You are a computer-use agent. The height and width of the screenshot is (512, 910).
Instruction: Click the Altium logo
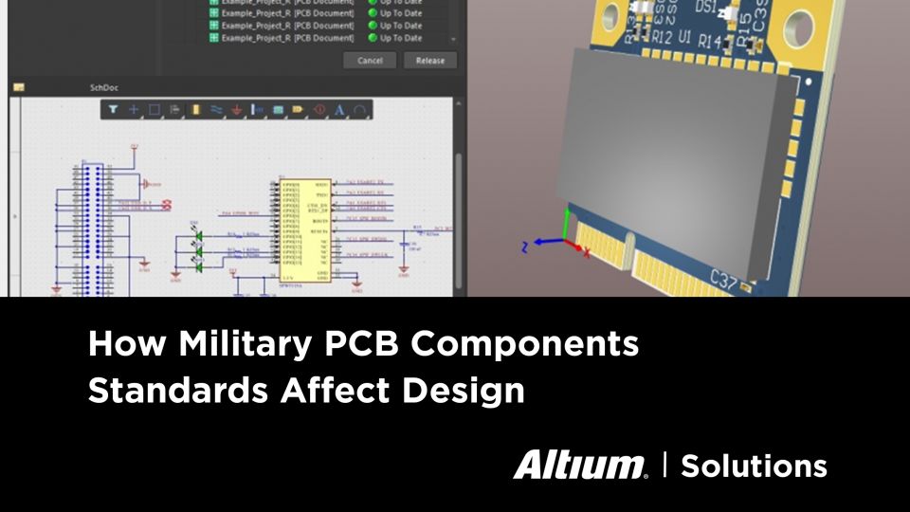point(580,465)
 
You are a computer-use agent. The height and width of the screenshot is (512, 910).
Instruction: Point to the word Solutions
point(754,466)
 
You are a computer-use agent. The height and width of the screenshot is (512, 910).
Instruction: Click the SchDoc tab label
point(101,87)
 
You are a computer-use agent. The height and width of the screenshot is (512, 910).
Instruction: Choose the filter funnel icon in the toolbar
point(113,110)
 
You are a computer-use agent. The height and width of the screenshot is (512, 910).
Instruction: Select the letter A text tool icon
point(339,110)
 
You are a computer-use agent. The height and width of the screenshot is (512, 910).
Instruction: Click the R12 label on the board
point(664,38)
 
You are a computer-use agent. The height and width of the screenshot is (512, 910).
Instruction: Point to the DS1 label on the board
point(705,8)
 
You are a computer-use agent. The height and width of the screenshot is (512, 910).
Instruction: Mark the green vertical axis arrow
point(567,223)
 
